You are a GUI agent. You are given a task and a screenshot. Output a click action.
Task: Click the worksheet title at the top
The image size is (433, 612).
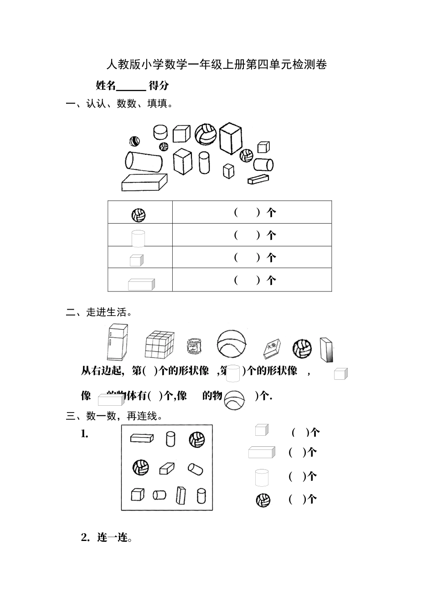point(216,65)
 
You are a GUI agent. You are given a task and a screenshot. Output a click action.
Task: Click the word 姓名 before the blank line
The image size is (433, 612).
point(106,85)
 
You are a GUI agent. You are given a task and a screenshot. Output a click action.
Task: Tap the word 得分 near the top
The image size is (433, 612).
point(159,85)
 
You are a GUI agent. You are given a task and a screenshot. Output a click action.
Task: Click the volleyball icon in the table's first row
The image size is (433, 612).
point(139,215)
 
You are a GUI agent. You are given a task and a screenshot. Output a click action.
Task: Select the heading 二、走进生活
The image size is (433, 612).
point(99,312)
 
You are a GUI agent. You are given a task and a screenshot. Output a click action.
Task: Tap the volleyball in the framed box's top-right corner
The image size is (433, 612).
point(197,440)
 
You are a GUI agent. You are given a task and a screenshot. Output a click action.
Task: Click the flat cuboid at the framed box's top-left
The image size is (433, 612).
point(142,438)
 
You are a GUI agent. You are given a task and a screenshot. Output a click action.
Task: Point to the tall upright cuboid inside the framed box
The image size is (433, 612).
point(181,497)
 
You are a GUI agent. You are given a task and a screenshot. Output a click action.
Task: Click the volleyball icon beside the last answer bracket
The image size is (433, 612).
point(263,500)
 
